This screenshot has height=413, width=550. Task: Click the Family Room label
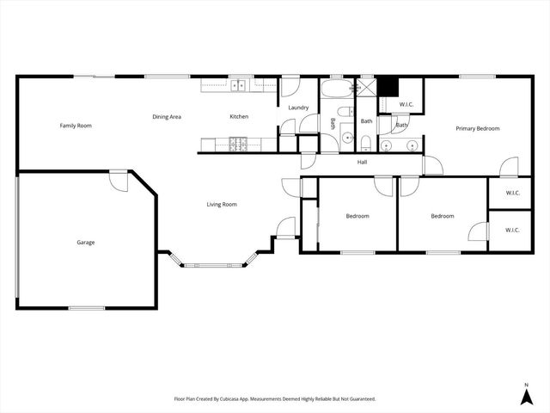click(x=76, y=126)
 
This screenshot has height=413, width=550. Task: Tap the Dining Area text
click(x=166, y=117)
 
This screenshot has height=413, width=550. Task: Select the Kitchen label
click(x=239, y=117)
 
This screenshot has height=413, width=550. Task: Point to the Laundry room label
click(x=298, y=108)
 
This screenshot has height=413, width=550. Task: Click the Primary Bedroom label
click(x=477, y=128)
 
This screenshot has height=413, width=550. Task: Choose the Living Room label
click(x=222, y=204)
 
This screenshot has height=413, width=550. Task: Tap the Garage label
click(x=85, y=242)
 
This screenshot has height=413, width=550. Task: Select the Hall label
click(x=363, y=161)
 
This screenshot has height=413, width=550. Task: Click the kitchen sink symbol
click(x=237, y=84)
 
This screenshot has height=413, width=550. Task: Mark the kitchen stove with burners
click(x=238, y=143)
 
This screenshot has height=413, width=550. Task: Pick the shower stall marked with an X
click(x=367, y=86)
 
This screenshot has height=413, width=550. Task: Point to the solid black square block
click(x=388, y=87)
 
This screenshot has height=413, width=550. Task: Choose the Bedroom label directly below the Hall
click(x=357, y=216)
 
